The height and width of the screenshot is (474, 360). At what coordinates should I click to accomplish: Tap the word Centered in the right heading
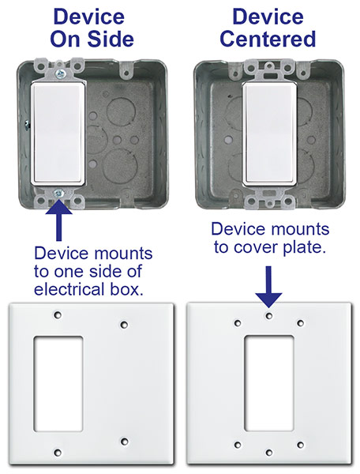coord(268,40)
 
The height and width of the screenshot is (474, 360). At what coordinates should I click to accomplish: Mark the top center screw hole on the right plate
coord(269,315)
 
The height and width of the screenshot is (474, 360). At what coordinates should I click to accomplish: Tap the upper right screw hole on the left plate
coord(123,324)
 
